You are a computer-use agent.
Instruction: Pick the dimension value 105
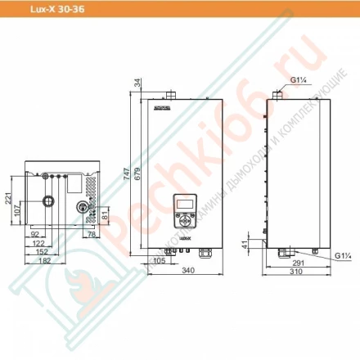coord(160,261)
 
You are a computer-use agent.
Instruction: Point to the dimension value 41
coord(265,243)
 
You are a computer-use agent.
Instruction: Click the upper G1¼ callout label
coord(299,80)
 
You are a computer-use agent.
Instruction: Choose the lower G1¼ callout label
coord(343,255)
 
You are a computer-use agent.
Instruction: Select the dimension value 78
coord(90,235)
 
